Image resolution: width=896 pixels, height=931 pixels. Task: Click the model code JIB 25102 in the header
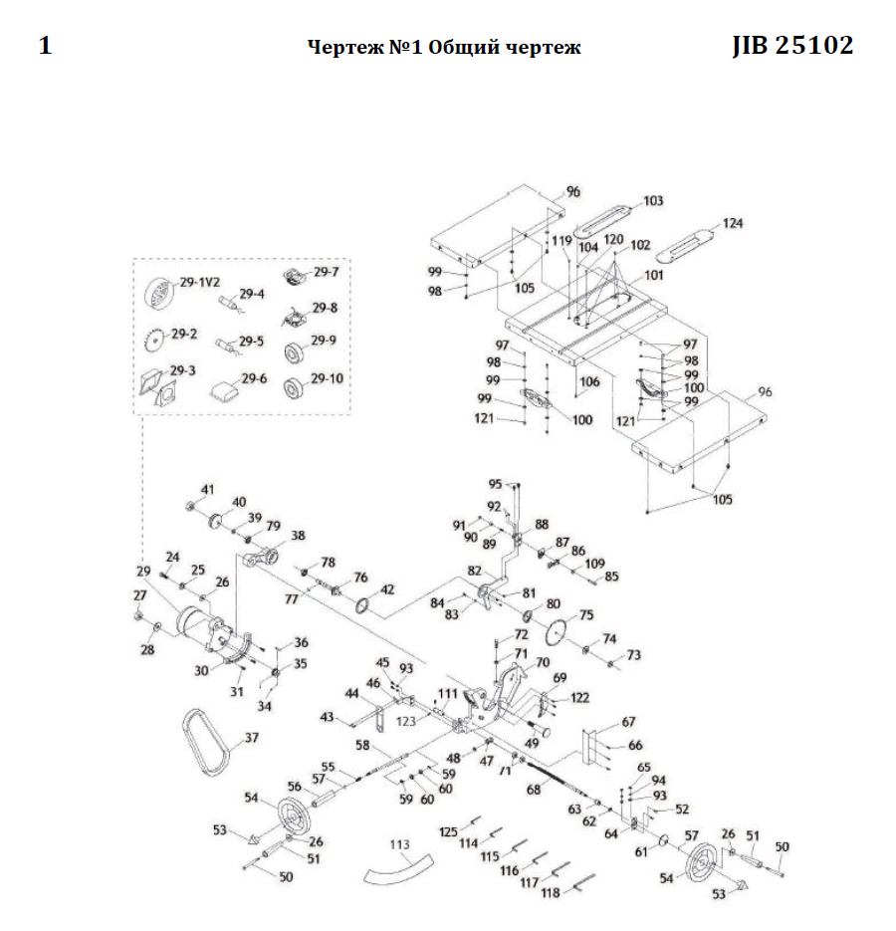point(792,46)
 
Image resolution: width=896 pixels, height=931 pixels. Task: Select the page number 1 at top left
point(45,47)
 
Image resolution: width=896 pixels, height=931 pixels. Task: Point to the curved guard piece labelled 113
point(398,866)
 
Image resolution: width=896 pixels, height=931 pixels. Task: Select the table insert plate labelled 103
point(608,218)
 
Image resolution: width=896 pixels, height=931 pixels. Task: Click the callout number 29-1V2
point(199,283)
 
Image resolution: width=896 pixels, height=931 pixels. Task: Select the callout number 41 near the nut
point(207,489)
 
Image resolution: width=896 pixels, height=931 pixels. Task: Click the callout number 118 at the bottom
point(550,893)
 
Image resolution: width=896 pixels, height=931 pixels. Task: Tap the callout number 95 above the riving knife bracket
point(495,484)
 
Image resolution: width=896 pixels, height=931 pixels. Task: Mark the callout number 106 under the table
point(590,381)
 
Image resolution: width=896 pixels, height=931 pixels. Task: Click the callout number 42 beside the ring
point(387,588)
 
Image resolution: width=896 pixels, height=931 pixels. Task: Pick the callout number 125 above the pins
point(447,830)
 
